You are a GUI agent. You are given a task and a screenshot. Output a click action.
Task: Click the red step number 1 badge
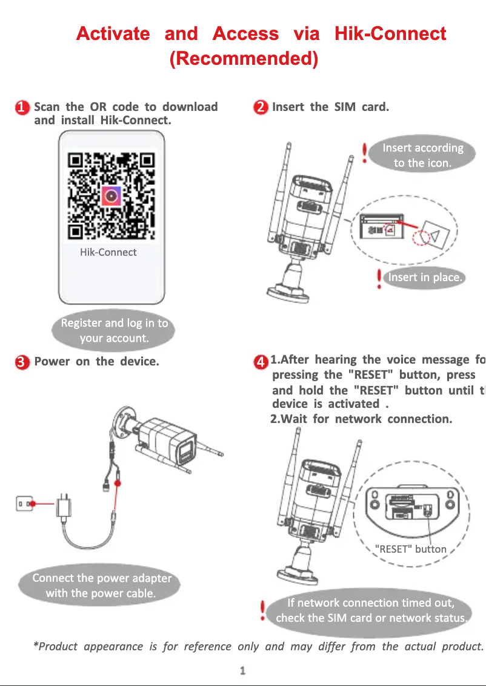point(22,108)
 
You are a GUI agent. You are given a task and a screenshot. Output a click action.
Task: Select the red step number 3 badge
point(22,362)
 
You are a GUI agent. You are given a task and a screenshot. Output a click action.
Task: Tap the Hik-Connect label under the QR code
point(108,253)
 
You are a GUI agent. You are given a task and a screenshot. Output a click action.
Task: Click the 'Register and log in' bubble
point(114,331)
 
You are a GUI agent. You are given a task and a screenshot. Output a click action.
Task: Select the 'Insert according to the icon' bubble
point(422,155)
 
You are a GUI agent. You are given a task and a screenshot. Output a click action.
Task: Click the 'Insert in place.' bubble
point(425,278)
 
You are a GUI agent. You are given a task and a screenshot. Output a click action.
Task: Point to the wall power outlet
point(25,503)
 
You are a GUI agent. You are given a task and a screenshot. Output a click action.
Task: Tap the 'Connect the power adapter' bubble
point(101,585)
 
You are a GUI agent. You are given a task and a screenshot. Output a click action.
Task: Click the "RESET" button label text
point(411,549)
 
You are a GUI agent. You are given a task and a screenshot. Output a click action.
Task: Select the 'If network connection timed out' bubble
point(371,610)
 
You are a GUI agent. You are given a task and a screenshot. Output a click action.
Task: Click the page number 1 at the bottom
point(242,671)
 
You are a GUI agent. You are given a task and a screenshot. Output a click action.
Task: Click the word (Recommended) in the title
point(244,59)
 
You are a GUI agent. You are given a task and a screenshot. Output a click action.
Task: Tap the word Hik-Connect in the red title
point(390,33)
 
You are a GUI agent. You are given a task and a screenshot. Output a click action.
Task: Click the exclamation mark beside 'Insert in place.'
point(379,278)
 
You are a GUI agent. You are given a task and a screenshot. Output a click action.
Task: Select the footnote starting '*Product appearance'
point(258,647)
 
